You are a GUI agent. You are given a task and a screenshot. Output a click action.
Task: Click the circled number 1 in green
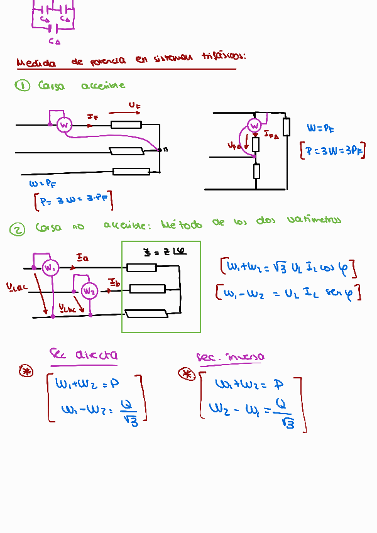pos(23,86)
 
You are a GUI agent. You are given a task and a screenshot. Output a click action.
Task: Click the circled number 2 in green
pos(17,230)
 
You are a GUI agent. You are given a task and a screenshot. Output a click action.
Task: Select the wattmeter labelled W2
pos(90,290)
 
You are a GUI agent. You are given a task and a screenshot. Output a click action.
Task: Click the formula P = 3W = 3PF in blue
pos(333,151)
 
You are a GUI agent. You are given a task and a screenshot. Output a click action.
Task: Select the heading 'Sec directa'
pos(84,356)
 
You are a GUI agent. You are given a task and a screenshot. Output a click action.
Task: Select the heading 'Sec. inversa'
pos(230,357)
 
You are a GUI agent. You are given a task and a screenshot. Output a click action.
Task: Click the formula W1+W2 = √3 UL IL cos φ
pos(288,268)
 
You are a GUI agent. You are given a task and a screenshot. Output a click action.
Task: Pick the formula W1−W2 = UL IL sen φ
pos(288,294)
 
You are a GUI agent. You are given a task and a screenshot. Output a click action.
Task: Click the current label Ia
pos(82,258)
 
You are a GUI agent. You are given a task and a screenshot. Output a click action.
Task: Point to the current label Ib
pos(114,280)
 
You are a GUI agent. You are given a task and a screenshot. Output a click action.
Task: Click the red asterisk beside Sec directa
pos(26,371)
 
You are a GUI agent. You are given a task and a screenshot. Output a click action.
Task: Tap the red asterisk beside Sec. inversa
pos(186,374)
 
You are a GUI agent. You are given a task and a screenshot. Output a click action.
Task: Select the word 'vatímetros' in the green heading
pos(314,220)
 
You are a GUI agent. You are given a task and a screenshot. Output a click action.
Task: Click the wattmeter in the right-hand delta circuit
pos(254,126)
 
